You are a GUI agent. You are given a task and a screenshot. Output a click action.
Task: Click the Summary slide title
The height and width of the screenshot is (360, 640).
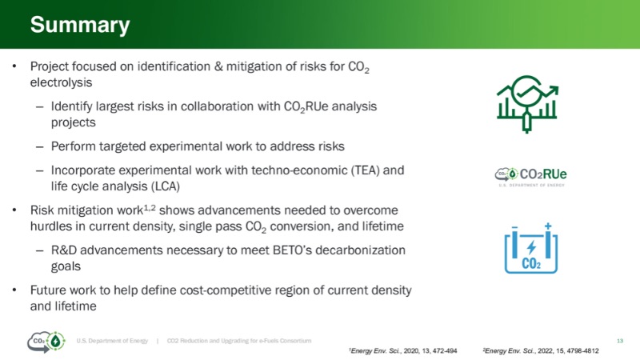coord(80,25)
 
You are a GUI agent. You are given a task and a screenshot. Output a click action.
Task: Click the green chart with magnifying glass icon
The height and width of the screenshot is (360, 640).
coord(527,104)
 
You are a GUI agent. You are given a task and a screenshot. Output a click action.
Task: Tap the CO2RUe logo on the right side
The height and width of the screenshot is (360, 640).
coord(531,177)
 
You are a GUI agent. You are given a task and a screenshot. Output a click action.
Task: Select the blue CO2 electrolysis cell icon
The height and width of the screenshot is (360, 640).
coord(531,248)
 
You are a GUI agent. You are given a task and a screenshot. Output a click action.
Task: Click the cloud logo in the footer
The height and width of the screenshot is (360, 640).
coord(46,342)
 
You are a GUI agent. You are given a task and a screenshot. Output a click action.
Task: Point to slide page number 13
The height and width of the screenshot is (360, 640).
coord(619,341)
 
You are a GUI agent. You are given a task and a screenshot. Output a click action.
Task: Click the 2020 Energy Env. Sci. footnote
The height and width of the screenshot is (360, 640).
coord(403,350)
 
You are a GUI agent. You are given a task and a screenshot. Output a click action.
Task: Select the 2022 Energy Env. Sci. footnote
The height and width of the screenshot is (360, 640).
coord(541,350)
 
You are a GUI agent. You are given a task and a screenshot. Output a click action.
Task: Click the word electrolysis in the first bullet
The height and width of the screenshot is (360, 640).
coord(62,82)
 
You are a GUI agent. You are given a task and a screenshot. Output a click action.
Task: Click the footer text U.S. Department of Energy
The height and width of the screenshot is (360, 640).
coord(112,341)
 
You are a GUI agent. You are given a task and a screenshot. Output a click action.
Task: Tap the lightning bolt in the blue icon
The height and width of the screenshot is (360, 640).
coord(531,247)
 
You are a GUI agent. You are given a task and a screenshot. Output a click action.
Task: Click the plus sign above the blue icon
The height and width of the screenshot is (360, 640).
coord(548,226)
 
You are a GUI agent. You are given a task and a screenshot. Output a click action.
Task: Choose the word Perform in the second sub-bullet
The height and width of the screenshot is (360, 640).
coord(73,146)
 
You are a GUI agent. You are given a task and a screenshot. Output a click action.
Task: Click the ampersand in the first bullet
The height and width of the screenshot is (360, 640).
coord(218,66)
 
